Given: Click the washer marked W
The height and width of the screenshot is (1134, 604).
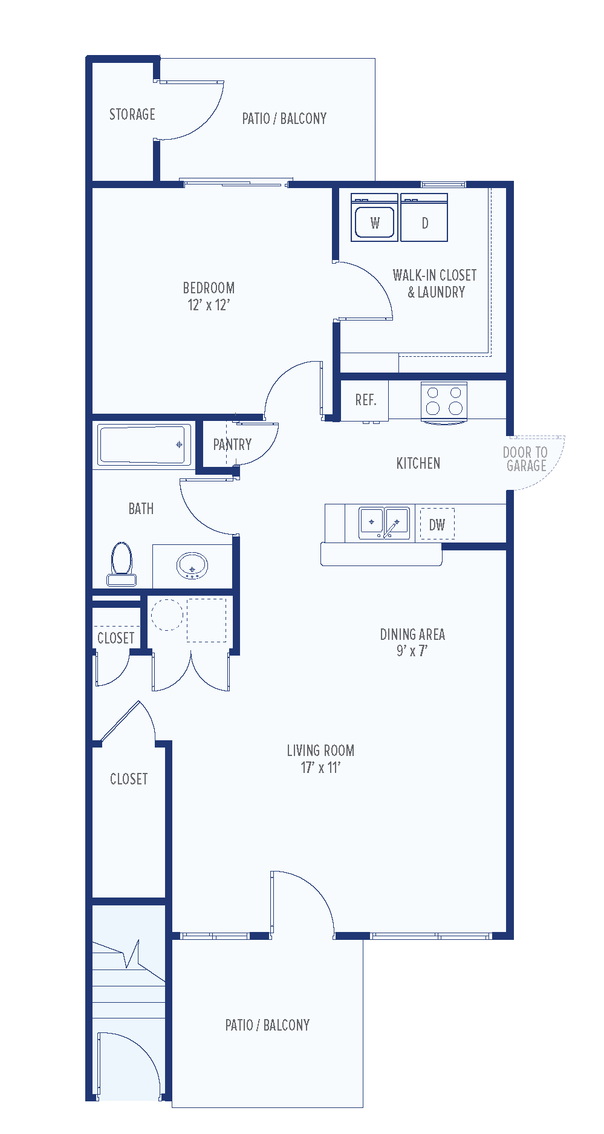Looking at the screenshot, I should [374, 218].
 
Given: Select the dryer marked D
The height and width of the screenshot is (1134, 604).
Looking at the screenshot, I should [424, 218].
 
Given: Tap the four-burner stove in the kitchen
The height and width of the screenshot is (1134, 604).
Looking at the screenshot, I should [444, 401].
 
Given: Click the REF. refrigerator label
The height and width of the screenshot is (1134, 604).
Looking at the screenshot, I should [365, 400].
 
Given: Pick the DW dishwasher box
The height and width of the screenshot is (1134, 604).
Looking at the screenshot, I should [437, 524].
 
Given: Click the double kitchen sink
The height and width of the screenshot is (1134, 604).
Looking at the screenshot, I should [384, 523].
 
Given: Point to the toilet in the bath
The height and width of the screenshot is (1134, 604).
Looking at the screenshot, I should [122, 563].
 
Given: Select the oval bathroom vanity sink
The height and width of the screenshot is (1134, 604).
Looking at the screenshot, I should [192, 566].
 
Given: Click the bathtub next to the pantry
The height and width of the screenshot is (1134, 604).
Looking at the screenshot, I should [143, 445].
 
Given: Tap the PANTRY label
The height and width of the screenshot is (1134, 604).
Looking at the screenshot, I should [232, 445].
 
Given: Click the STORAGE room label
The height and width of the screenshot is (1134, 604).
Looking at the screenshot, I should [132, 115].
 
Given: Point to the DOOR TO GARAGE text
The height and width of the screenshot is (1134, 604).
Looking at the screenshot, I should [525, 459].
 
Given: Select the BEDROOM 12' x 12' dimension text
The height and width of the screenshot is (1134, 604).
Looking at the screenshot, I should [209, 305].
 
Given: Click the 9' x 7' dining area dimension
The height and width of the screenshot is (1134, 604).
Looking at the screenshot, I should [412, 651].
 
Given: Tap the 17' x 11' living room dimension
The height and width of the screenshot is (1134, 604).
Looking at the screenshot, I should [320, 767].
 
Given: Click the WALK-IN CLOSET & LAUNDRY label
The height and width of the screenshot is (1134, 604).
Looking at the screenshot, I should [435, 284].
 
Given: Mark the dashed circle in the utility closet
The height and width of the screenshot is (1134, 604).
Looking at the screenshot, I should [166, 615].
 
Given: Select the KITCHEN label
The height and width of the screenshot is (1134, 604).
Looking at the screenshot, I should [418, 464].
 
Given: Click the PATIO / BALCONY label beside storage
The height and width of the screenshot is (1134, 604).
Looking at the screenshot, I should [284, 119].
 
